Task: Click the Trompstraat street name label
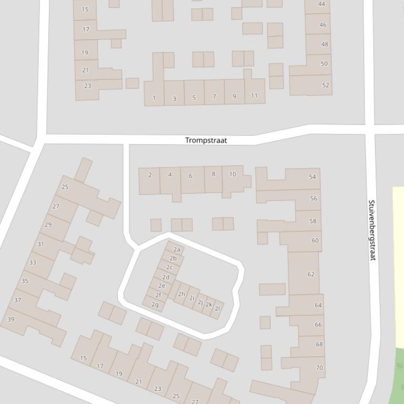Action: pyautogui.click(x=206, y=140)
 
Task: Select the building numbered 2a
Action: pyautogui.click(x=177, y=249)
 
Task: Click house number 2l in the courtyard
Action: pyautogui.click(x=217, y=309)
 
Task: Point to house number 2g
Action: pyautogui.click(x=154, y=304)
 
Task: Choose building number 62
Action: pyautogui.click(x=311, y=274)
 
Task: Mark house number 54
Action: pyautogui.click(x=313, y=177)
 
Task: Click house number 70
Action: pyautogui.click(x=319, y=368)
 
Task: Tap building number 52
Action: pyautogui.click(x=325, y=85)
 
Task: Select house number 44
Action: pyautogui.click(x=322, y=4)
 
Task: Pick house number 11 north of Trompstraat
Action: pyautogui.click(x=254, y=95)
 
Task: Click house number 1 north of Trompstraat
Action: pyautogui.click(x=154, y=98)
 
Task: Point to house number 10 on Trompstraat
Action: pyautogui.click(x=232, y=174)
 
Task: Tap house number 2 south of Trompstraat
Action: pyautogui.click(x=150, y=175)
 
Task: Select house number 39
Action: pyautogui.click(x=11, y=319)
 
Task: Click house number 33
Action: pyautogui.click(x=33, y=262)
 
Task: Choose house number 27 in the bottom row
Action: pyautogui.click(x=195, y=401)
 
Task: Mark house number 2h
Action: pyautogui.click(x=181, y=294)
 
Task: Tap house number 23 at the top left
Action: pyautogui.click(x=87, y=86)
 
